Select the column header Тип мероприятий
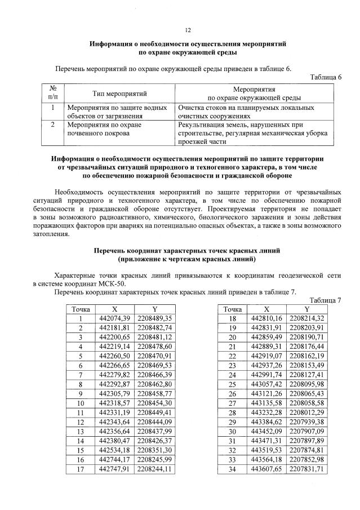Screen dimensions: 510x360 point(119,93)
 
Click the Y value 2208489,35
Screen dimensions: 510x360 point(154,318)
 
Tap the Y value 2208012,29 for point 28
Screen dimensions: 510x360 point(307,413)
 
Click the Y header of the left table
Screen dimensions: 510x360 point(154,309)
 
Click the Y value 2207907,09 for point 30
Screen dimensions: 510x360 point(307,432)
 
